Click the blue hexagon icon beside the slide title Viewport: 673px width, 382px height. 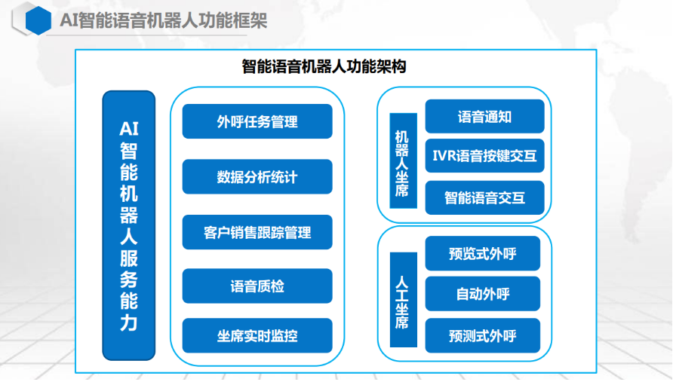coord(38,20)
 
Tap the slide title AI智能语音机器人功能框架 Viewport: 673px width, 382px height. coord(164,20)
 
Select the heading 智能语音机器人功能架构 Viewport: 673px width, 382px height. coord(324,66)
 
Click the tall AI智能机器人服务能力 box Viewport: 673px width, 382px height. coord(129,225)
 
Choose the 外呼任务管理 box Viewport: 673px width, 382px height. coord(257,121)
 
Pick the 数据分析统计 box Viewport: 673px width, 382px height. coord(257,176)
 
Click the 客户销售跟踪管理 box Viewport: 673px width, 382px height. coord(257,232)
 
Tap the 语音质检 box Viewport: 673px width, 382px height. coord(257,286)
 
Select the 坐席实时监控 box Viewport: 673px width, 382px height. coord(257,335)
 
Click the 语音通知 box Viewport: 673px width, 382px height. coord(484,116)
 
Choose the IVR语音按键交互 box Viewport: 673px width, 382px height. coord(484,156)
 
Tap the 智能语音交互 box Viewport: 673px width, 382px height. coord(484,197)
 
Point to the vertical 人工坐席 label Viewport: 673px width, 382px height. coord(404,300)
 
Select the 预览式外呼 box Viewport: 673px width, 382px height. coord(482,253)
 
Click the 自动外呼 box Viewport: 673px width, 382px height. coord(482,294)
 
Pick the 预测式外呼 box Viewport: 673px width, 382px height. coord(482,335)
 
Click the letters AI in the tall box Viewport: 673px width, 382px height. coord(129,129)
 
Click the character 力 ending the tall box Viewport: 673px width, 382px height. coord(129,322)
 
